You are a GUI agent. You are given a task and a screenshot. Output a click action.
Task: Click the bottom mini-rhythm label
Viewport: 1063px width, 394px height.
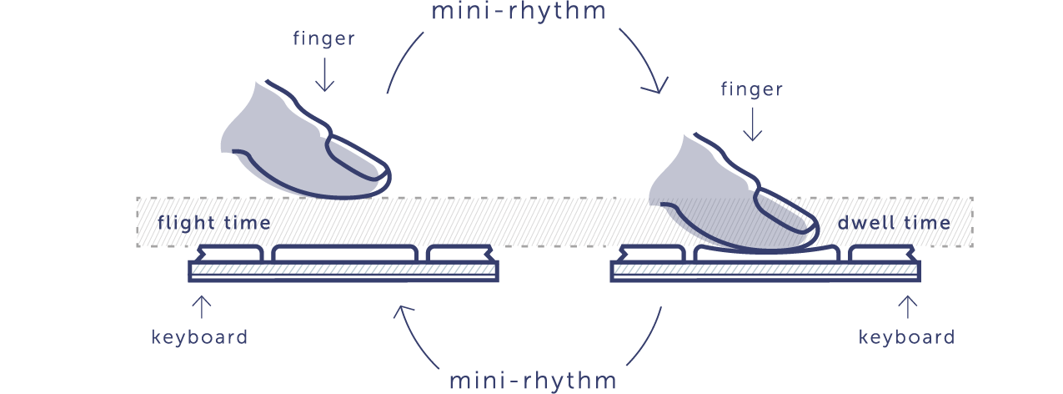533,380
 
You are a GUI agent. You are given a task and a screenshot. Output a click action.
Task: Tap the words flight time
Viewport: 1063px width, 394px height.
214,223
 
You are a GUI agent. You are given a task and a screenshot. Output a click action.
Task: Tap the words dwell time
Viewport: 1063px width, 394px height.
894,223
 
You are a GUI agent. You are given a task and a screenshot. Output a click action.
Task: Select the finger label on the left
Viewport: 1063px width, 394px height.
324,38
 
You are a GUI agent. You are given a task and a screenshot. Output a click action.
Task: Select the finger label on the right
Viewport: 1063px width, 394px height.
752,88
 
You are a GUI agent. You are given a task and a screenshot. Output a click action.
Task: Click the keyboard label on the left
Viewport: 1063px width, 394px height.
199,337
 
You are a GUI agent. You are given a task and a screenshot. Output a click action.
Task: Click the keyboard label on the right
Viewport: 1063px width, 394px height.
907,337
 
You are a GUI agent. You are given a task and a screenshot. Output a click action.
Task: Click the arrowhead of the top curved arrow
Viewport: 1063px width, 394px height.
659,87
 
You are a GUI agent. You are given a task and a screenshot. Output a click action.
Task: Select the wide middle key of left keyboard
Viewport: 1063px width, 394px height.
345,252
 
